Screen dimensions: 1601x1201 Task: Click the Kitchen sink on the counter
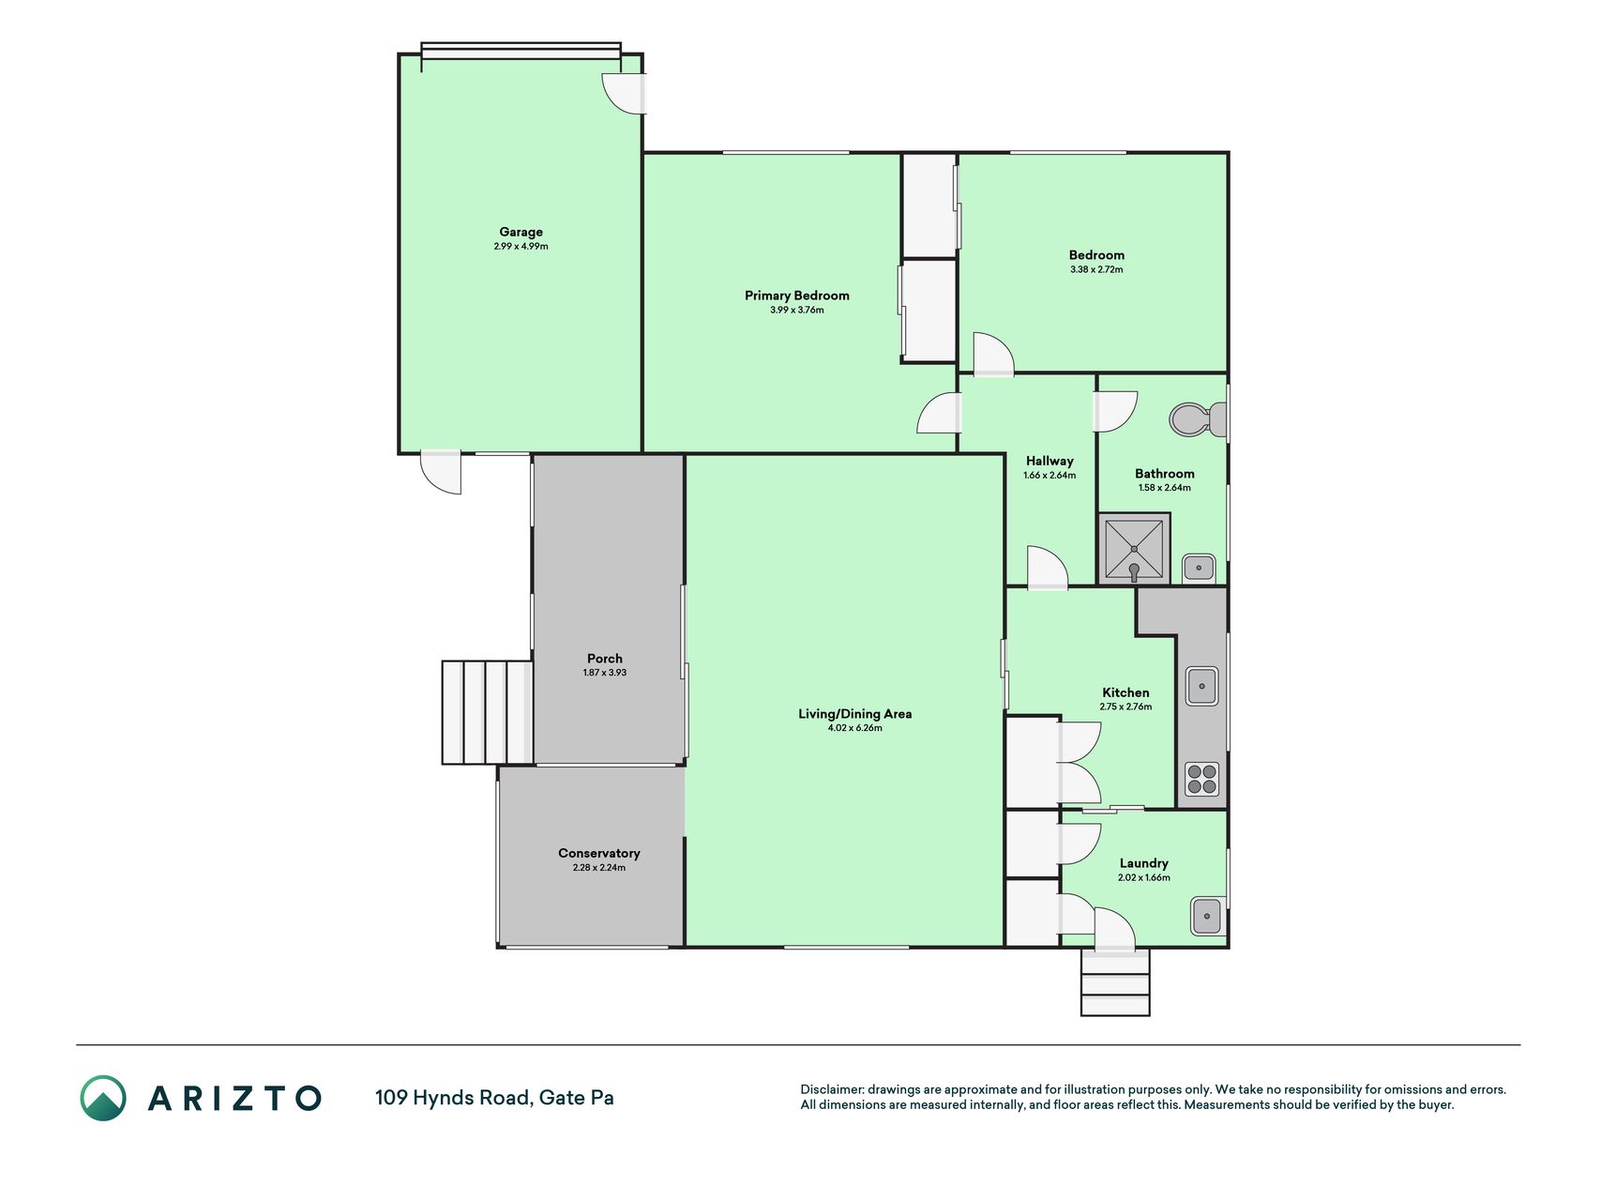[1201, 686]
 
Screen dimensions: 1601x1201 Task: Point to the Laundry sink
[1207, 916]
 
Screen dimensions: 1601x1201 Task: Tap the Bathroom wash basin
[1199, 568]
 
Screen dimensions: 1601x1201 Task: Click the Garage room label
[521, 232]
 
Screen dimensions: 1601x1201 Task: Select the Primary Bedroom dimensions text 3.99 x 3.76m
[797, 310]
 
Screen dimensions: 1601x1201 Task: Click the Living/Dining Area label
[854, 714]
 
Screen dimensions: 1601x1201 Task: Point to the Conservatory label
[599, 853]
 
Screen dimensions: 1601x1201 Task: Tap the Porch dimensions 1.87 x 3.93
[605, 673]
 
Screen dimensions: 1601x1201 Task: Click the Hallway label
[1050, 461]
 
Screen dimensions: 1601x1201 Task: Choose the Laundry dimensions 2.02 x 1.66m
[1144, 878]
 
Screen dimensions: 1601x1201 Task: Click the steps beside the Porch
[488, 712]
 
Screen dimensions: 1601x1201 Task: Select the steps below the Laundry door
[1115, 982]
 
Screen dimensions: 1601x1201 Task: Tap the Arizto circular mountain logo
[103, 1098]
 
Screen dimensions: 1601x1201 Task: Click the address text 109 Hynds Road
[452, 1098]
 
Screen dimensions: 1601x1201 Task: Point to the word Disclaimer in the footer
[832, 1089]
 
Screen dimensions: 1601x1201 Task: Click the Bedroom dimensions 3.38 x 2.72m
[1096, 269]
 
